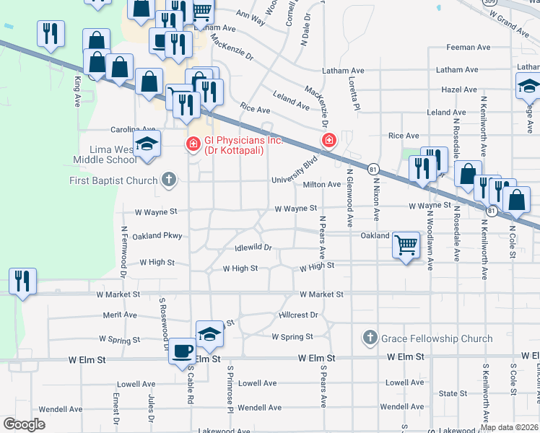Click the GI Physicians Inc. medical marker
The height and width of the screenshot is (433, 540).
point(193,145)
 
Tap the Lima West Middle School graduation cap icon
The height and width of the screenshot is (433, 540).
point(147,144)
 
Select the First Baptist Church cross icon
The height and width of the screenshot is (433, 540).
point(169,180)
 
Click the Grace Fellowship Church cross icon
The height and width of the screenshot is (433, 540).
point(370,338)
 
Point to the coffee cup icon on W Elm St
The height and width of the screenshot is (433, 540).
point(182,351)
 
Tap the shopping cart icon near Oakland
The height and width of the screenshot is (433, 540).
point(406,245)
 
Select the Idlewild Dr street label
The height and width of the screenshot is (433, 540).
point(253,248)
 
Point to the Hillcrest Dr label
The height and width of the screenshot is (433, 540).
point(297,315)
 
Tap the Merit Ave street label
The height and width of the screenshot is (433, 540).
point(120,315)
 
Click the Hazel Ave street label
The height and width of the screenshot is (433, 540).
point(460,89)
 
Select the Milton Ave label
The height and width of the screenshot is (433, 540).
point(322,185)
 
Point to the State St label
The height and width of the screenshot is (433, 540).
point(453,393)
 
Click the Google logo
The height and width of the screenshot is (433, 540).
point(24,424)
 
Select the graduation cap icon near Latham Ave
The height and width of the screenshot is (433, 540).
point(528,86)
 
